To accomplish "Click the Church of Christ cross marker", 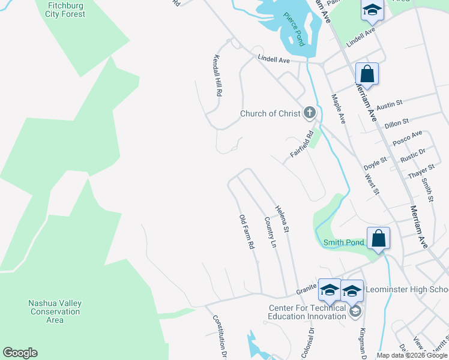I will (309, 112).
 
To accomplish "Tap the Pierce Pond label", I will (295, 28).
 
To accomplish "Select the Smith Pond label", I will (344, 242).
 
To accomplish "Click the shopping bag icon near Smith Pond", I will (379, 238).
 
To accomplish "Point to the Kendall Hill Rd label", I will (218, 77).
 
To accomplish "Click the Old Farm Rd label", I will (247, 232).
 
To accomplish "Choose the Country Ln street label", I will (270, 233).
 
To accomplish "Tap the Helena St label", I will (282, 220).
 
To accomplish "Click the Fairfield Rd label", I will (303, 145).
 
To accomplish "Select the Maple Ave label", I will (339, 109).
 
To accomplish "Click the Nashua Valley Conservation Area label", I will (55, 311).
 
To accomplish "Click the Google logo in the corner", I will (20, 353).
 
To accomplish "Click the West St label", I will (372, 184).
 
